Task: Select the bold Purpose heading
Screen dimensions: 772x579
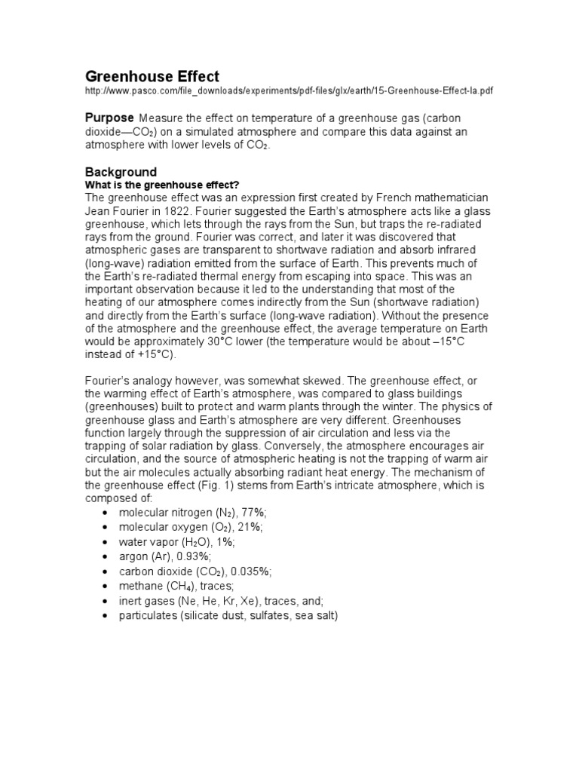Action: [109, 118]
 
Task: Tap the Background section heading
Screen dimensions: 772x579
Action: [120, 172]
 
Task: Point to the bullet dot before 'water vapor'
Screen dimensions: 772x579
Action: [103, 543]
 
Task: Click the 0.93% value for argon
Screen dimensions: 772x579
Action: [176, 557]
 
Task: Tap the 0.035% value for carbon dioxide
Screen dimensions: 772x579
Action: [253, 572]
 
